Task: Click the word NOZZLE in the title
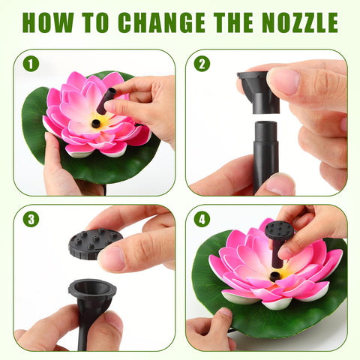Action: pos(300,22)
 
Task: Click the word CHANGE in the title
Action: pos(161,22)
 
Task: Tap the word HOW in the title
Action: pos(48,22)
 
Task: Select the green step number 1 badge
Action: pos(31,64)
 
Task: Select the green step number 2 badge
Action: pos(202,64)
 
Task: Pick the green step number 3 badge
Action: pos(31,219)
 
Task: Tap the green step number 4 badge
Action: pos(202,219)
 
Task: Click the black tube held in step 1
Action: pos(106,100)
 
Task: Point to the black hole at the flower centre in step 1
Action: pos(96,124)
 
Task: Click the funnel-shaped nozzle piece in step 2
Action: pos(257,92)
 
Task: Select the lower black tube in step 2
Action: pos(265,157)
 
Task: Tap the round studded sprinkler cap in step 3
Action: pos(95,244)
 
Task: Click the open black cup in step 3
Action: pos(92,298)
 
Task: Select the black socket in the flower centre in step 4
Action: pos(274,276)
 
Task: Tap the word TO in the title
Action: pos(96,22)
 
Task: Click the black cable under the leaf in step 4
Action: pos(232,331)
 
